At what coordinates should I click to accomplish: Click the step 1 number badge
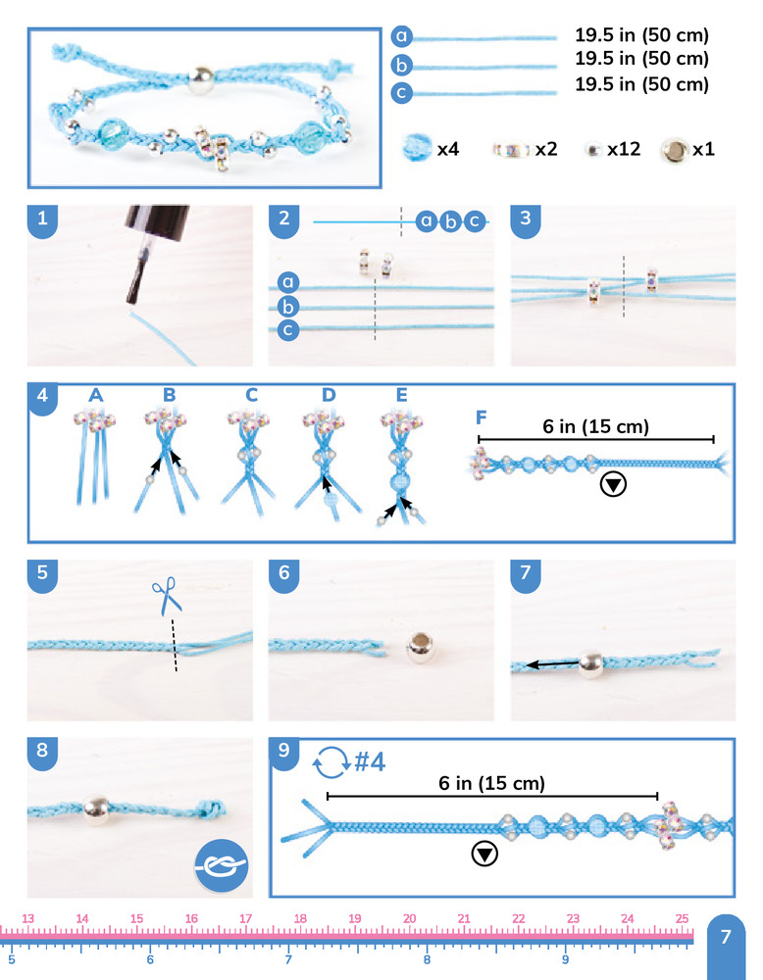point(42,220)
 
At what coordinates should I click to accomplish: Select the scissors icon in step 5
point(167,595)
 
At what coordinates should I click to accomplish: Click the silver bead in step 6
point(421,647)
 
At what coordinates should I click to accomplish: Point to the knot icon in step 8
point(222,865)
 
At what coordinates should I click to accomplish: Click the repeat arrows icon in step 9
point(331,761)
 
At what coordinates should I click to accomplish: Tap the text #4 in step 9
point(370,761)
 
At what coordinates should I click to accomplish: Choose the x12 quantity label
point(624,149)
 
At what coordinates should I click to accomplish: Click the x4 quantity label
point(448,149)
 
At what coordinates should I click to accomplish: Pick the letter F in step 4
point(481,416)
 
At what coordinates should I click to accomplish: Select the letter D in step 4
point(329,394)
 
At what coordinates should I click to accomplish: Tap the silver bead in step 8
point(97,809)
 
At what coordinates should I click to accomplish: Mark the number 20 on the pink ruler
point(410,918)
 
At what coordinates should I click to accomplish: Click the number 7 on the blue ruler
point(288,959)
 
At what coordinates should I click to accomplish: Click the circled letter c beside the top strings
point(401,92)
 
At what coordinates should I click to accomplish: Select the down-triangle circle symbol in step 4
point(613,484)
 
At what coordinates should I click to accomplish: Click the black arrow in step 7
point(552,663)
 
